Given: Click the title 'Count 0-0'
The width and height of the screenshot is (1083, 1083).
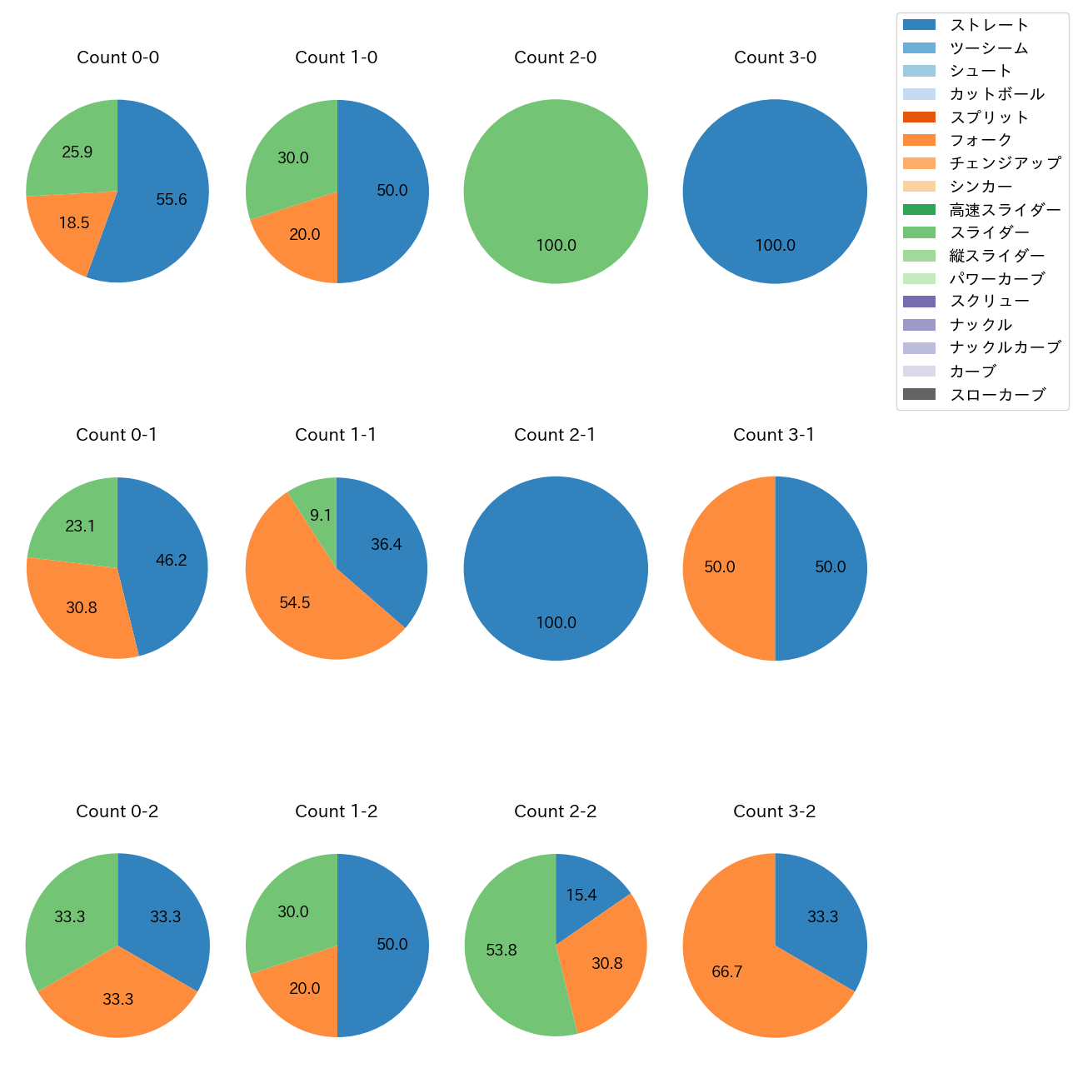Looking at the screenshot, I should pos(117,57).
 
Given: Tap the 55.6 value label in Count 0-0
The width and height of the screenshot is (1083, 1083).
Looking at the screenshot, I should pos(172,199).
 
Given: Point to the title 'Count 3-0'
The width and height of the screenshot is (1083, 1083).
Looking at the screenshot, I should pos(775,57).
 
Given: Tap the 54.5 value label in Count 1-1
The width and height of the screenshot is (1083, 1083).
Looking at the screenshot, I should pos(295,602).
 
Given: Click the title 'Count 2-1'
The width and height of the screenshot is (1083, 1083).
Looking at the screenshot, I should pos(555,435).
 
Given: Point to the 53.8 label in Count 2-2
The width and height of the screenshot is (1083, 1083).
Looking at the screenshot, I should pos(502,950).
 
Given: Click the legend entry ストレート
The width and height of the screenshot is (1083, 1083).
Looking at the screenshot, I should pos(989,25).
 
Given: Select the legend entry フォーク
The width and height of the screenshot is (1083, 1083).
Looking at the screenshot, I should pos(981,140).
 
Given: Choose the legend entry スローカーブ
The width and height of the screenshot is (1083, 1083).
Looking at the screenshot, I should pos(997,395).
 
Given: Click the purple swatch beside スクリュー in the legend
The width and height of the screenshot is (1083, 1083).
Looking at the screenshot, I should pos(919,302).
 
